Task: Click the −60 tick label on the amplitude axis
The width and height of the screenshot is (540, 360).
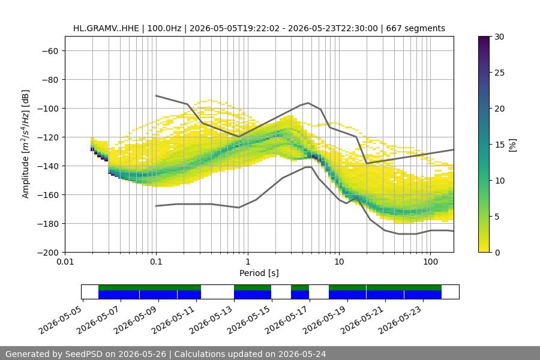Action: tap(50, 51)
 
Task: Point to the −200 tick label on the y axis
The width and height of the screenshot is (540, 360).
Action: tap(49, 253)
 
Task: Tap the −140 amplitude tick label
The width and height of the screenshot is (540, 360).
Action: tap(49, 166)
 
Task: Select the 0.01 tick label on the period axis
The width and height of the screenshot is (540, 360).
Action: tap(65, 262)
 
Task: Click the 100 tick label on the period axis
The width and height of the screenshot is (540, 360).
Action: tap(430, 262)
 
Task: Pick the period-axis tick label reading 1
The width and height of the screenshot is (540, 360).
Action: tap(248, 262)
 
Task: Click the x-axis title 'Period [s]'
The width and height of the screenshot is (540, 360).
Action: tap(259, 273)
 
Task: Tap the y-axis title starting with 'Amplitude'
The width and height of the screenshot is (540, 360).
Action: tap(26, 144)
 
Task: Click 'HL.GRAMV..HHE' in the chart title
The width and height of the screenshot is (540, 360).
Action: tap(106, 28)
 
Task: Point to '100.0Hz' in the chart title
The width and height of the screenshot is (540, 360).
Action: tap(164, 28)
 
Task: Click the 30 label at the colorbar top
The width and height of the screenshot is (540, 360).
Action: tap(499, 37)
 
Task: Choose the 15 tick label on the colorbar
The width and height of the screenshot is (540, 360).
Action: tap(499, 145)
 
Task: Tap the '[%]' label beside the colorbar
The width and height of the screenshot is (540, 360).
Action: tap(513, 145)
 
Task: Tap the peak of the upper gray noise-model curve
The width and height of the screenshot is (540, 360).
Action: tap(308, 103)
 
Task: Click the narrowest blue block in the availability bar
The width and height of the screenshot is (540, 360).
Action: tap(300, 295)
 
